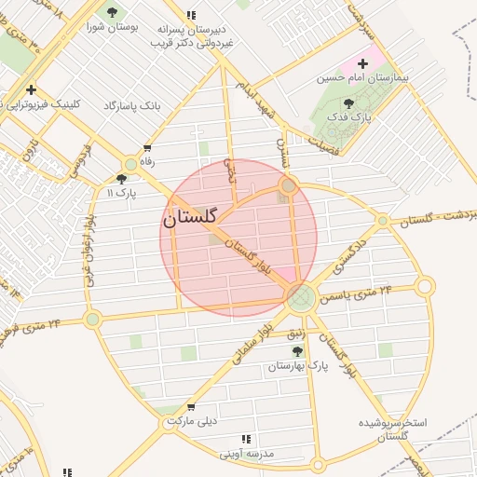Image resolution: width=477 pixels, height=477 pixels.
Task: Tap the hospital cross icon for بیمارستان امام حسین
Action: [x=362, y=64]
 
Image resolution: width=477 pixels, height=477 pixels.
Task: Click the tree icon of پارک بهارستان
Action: [x=297, y=351]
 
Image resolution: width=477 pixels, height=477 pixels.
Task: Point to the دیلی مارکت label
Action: [x=192, y=421]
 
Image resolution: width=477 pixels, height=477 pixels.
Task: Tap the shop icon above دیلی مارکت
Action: [x=190, y=407]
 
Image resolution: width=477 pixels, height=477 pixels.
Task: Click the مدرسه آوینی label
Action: [x=246, y=454]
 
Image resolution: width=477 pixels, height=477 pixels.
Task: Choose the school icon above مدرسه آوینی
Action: [x=246, y=439]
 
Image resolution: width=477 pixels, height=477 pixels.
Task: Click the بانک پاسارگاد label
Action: [x=133, y=106]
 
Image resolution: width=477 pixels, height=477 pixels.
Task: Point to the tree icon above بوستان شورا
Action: [x=113, y=12]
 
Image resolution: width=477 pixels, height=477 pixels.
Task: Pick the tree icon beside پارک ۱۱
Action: [x=122, y=179]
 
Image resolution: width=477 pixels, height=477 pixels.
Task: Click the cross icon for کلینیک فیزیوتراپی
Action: [x=32, y=90]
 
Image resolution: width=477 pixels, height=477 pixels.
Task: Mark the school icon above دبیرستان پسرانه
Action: [x=191, y=15]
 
